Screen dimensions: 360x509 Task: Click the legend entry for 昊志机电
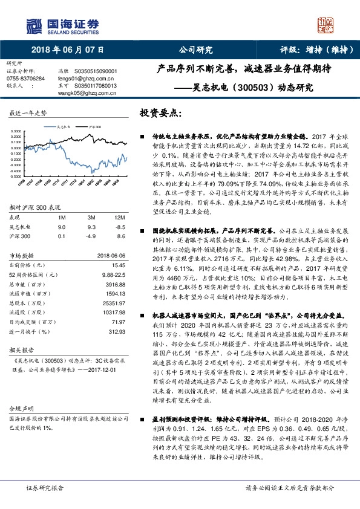tap(62, 128)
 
